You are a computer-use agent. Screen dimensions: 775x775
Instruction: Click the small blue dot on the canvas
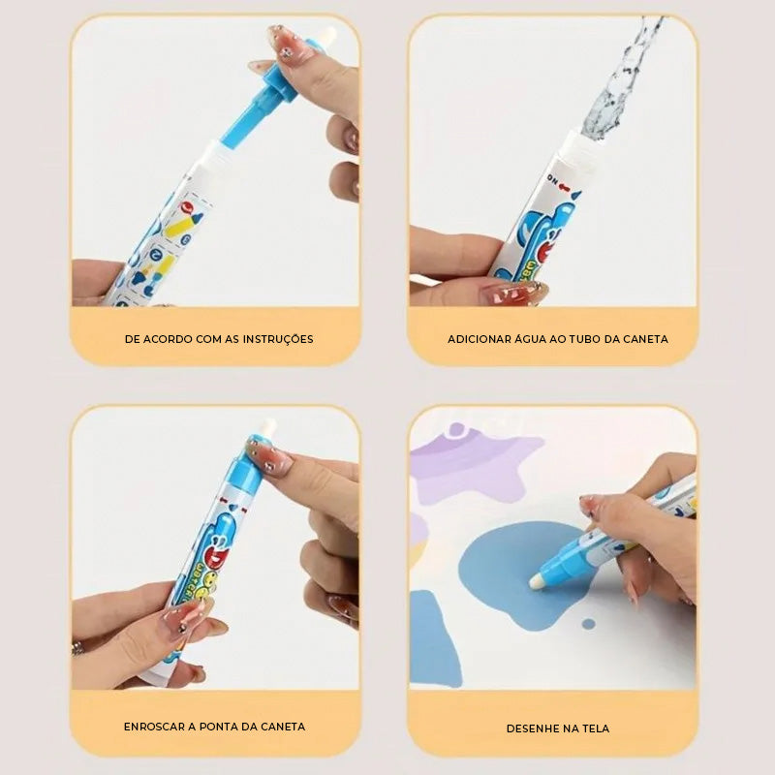(588, 623)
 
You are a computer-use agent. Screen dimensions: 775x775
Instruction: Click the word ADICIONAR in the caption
(480, 339)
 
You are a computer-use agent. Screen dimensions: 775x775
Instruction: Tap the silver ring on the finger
(77, 647)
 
